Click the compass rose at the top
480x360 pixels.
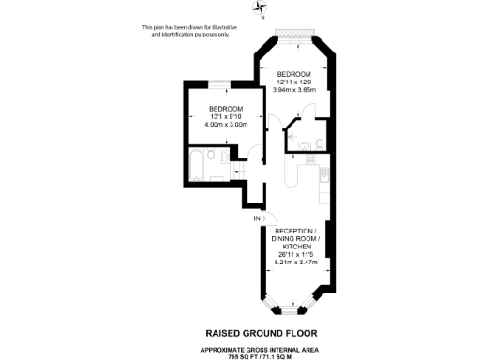(x=260, y=10)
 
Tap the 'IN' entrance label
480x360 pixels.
(x=256, y=219)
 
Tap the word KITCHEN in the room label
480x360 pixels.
(x=296, y=246)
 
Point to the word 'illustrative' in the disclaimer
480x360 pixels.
(x=220, y=27)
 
